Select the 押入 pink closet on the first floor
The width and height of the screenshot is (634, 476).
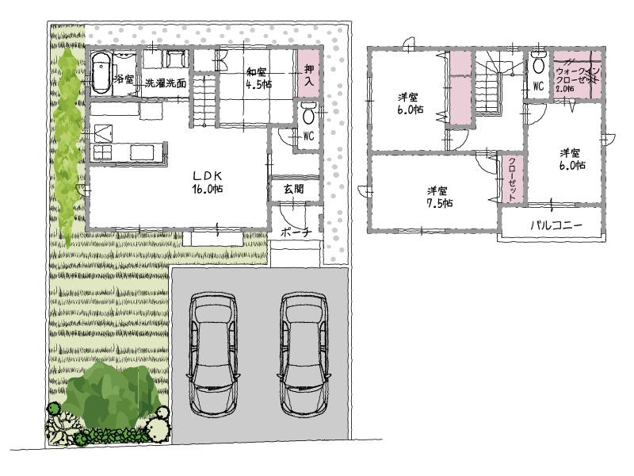307,75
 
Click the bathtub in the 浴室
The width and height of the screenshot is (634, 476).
101,74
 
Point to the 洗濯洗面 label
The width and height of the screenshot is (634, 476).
165,82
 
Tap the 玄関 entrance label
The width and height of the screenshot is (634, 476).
285,190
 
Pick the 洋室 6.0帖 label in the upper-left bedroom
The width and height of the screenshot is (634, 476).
409,104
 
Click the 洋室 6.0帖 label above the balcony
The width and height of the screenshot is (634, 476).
571,159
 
